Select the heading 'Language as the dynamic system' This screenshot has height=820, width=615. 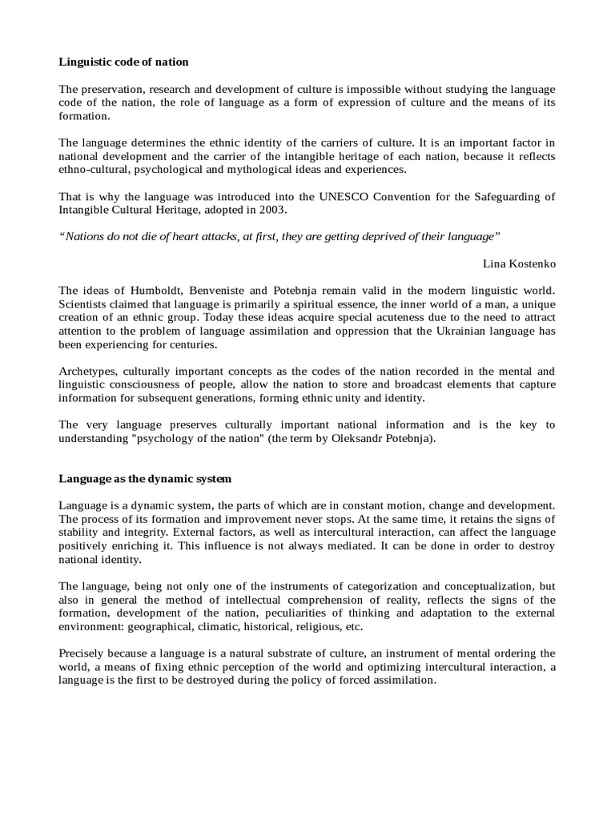tap(145, 480)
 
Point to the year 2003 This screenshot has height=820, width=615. tap(271, 210)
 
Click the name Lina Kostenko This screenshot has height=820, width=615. tap(519, 263)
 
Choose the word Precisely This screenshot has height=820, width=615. tap(85, 654)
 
